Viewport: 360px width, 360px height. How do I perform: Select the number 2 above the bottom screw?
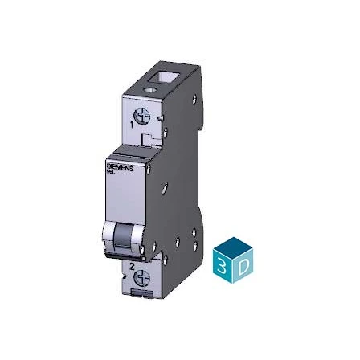point(131,264)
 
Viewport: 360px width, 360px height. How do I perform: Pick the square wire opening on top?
point(173,80)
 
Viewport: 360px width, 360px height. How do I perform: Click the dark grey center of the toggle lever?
point(125,236)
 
